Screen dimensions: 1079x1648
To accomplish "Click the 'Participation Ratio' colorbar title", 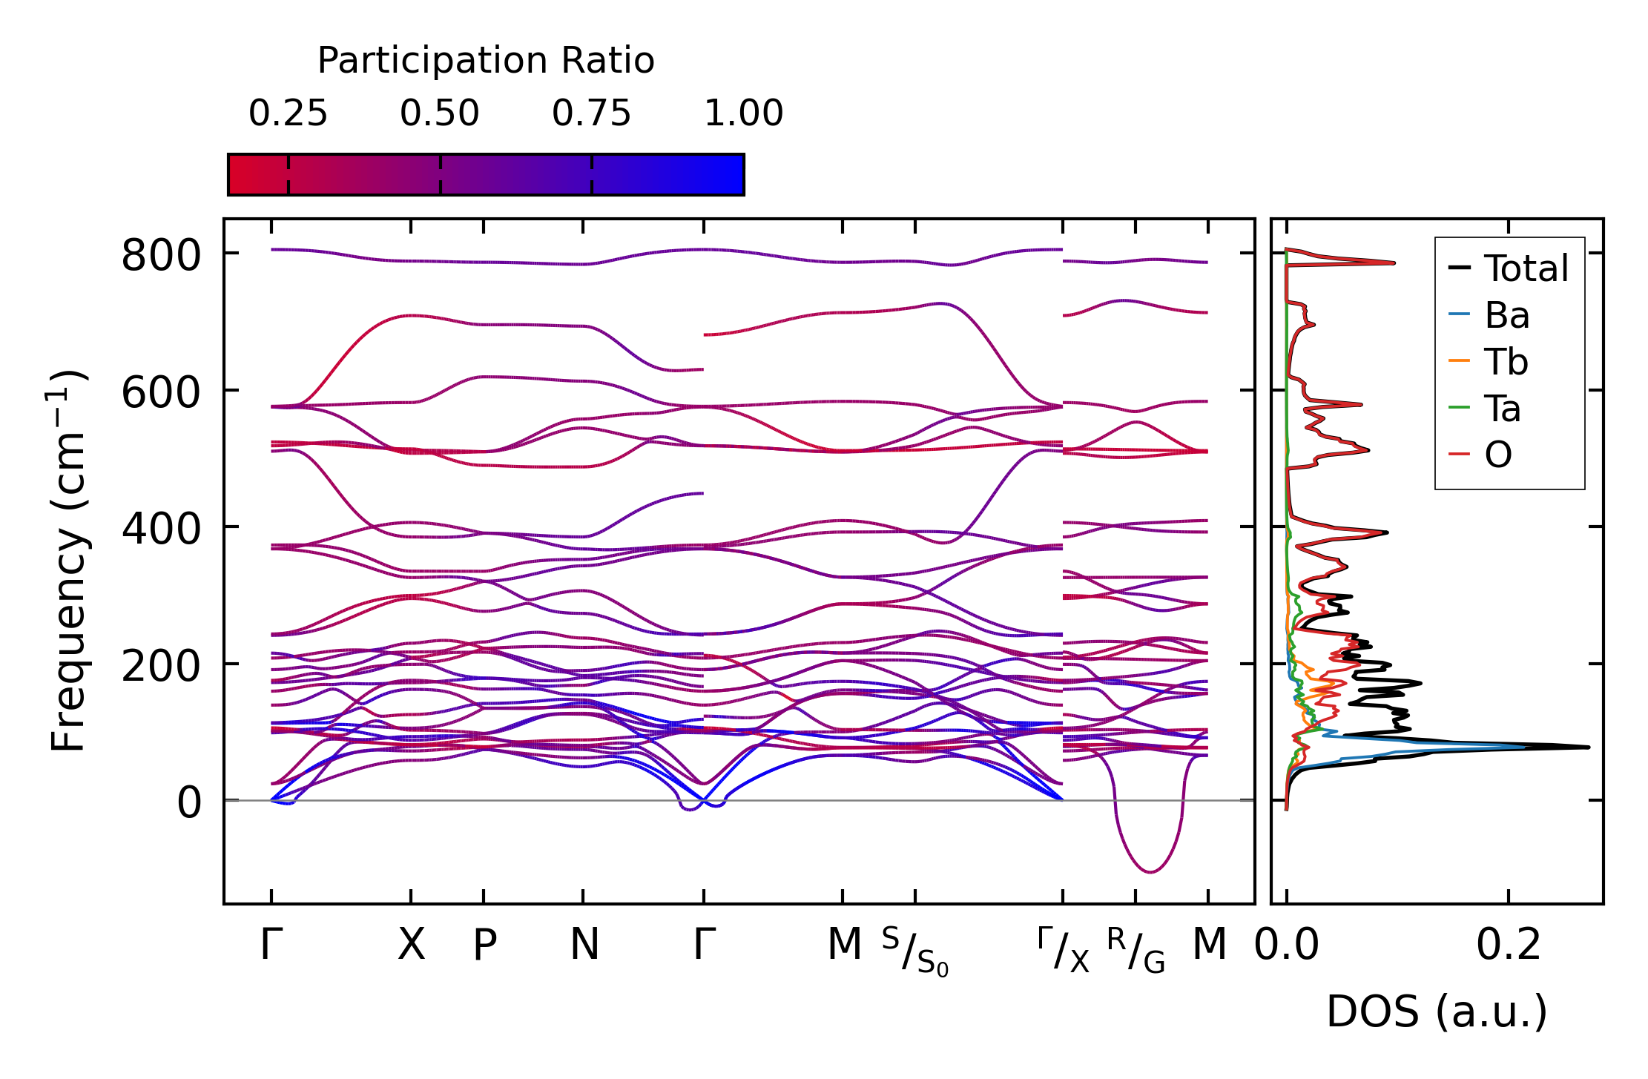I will pos(486,61).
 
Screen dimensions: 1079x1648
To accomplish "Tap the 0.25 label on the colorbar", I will pos(288,113).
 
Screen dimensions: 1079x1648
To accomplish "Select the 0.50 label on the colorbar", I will pos(440,113).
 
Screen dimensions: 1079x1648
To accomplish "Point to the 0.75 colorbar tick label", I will pos(591,113).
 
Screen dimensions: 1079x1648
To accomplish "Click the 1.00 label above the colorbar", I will pos(743,113).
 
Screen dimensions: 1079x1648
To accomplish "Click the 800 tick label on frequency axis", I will pos(161,257).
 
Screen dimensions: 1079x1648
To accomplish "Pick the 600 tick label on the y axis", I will pos(161,393).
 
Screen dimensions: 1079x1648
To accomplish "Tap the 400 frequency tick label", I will pos(161,529).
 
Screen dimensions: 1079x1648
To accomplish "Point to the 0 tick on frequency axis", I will pos(189,803).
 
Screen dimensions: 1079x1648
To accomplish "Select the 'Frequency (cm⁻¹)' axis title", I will pos(68,561).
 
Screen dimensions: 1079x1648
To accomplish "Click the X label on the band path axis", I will pos(412,945).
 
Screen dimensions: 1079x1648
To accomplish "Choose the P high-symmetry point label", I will pos(484,945).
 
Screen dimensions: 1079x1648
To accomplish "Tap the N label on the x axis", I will pos(584,945).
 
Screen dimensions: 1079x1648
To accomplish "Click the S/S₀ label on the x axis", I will pos(915,951).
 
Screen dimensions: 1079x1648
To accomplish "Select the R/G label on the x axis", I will pos(1136,950).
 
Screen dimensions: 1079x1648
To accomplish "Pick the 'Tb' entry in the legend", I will pos(1506,362).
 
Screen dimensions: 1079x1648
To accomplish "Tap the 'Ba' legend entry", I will pos(1506,315).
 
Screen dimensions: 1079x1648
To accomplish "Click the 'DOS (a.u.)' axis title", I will pos(1437,1012).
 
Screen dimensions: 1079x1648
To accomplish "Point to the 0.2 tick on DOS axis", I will pos(1509,945).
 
